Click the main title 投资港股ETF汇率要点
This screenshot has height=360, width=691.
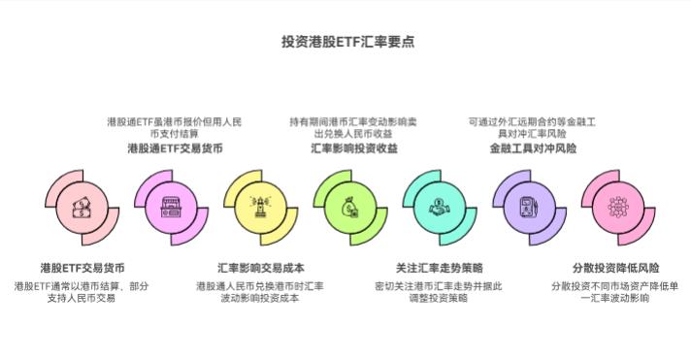346,42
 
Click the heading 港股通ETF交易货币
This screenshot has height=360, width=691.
175,148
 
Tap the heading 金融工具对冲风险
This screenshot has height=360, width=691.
533,148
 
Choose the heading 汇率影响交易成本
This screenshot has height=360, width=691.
261,267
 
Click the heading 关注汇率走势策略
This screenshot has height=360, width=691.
440,267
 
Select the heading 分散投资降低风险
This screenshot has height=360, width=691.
615,267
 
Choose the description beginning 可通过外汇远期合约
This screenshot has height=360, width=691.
533,127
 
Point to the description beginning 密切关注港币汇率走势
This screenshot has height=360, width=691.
440,292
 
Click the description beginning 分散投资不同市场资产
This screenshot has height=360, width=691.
615,292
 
